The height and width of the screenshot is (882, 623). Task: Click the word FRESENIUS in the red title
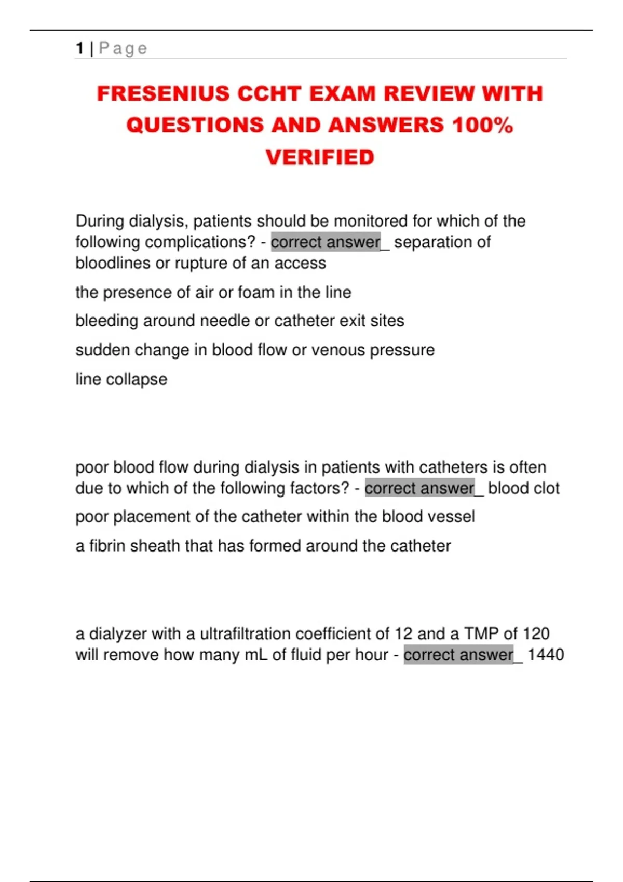163,94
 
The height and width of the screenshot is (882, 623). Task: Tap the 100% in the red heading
482,126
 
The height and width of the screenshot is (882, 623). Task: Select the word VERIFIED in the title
320,158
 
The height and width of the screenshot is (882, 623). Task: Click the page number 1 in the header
79,48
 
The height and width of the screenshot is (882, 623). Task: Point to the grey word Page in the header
123,48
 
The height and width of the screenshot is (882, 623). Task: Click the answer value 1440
546,655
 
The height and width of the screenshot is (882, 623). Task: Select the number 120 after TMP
536,633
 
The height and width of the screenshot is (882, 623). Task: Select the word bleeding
107,321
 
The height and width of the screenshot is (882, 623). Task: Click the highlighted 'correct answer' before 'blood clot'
419,488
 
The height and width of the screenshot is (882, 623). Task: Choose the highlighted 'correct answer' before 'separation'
326,242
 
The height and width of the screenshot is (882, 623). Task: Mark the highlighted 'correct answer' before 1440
458,655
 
